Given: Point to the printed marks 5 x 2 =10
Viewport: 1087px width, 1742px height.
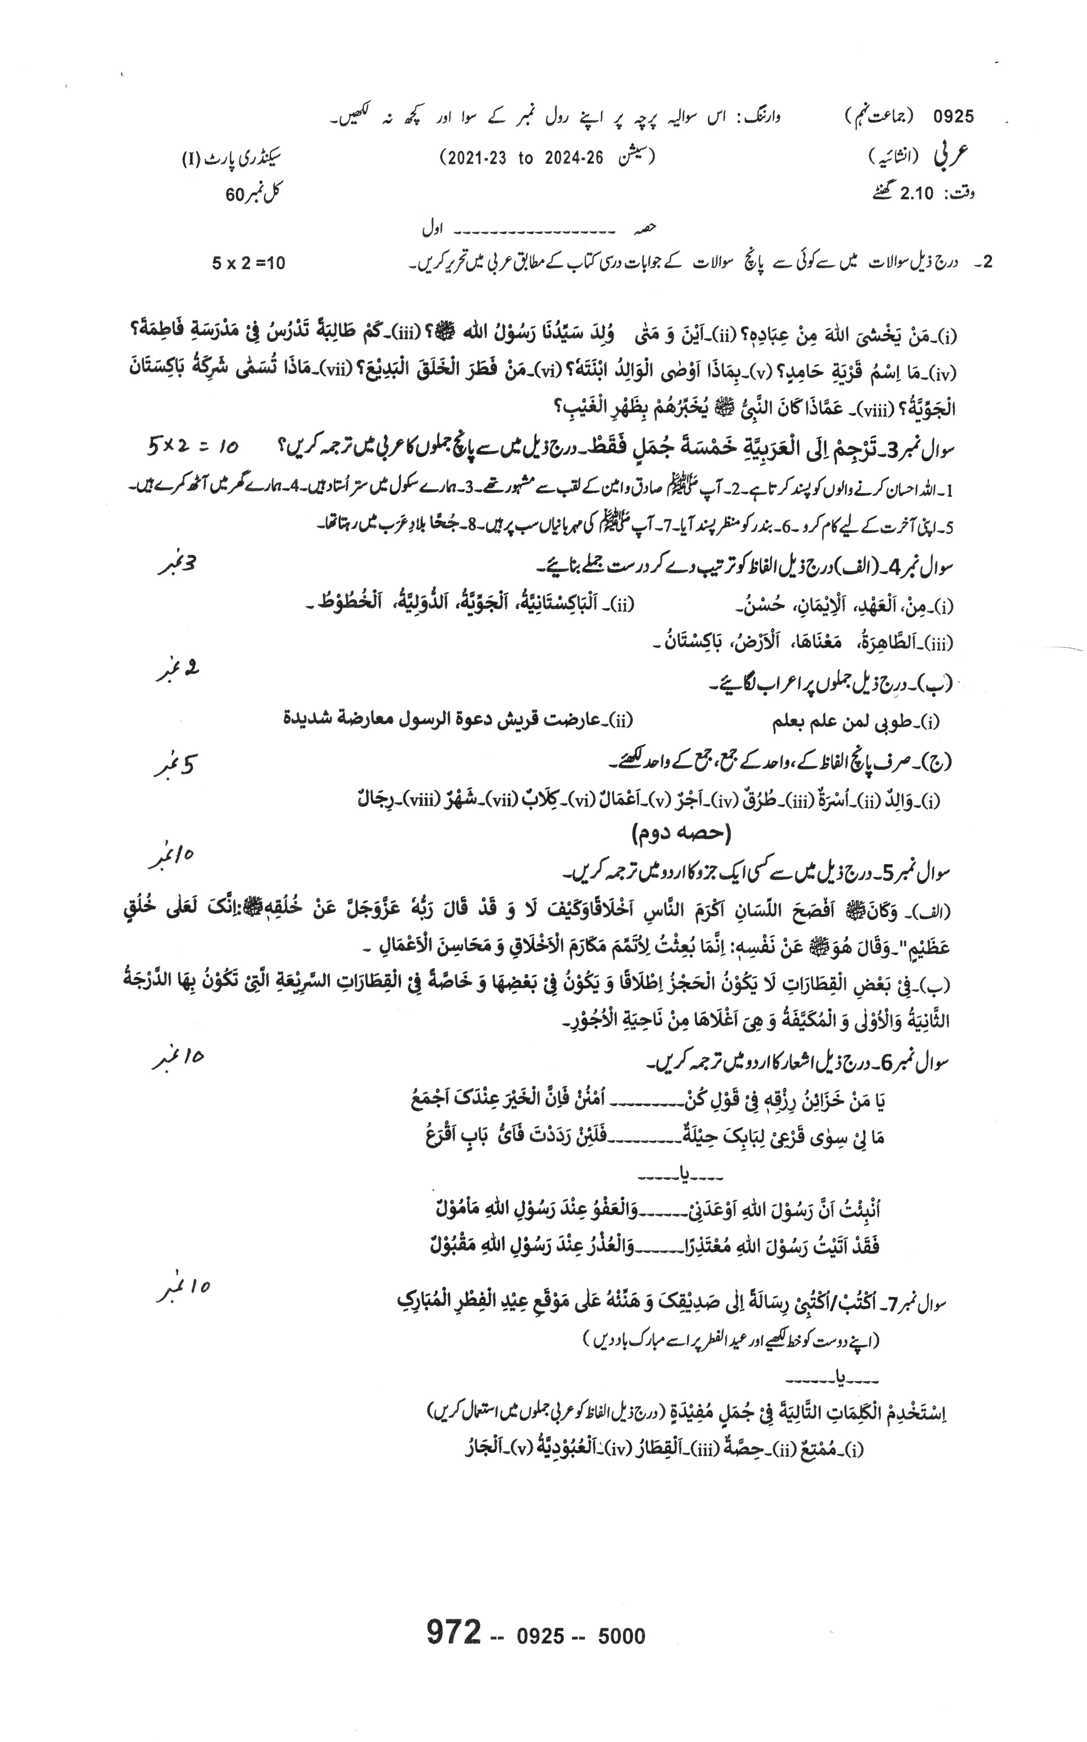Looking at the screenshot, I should click(x=248, y=263).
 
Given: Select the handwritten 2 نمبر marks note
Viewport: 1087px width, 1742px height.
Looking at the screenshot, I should click(x=178, y=670).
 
